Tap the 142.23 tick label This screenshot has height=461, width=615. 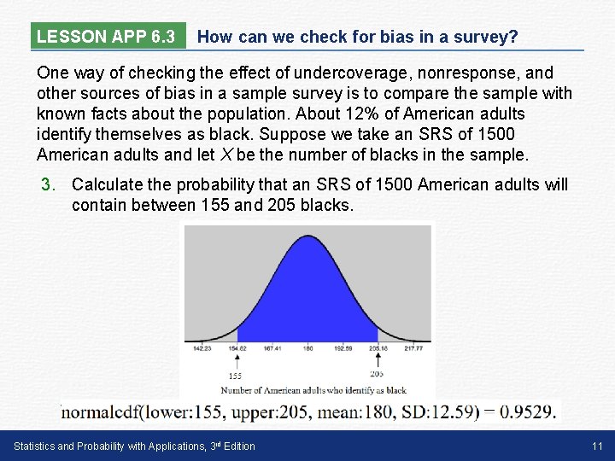point(202,348)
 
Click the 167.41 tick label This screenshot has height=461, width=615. point(273,348)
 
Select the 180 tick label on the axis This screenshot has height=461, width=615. point(308,348)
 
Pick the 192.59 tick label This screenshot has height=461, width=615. point(343,348)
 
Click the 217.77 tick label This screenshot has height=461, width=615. point(413,348)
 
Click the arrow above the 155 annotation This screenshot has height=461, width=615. point(237,360)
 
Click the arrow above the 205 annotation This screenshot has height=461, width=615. point(378,360)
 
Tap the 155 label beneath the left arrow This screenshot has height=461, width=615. point(235,376)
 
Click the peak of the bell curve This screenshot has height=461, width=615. point(308,234)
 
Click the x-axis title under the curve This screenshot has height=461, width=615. point(308,390)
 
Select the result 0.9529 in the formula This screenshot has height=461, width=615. point(528,411)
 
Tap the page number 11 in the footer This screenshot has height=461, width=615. point(597,446)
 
